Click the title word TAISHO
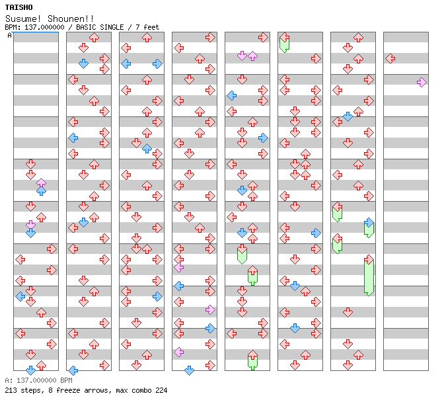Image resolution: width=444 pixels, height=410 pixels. point(18,7)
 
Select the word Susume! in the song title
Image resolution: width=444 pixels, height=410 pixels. point(24,19)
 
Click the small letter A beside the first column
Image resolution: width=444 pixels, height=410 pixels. point(9,36)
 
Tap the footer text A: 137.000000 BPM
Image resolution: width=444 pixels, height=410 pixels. point(38,381)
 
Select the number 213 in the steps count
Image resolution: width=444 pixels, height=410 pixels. point(11,390)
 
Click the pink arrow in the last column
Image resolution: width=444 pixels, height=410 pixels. point(422,82)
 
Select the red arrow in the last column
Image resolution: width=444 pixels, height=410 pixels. point(390,58)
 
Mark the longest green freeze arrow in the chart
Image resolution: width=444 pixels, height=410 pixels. point(369,277)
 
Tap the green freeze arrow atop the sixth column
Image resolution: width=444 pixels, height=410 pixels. point(284,43)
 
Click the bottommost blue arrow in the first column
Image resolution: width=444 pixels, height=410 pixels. point(30,370)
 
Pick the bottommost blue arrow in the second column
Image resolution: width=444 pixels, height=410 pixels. point(73,370)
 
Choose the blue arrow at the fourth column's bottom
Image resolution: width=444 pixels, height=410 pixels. point(189,370)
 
